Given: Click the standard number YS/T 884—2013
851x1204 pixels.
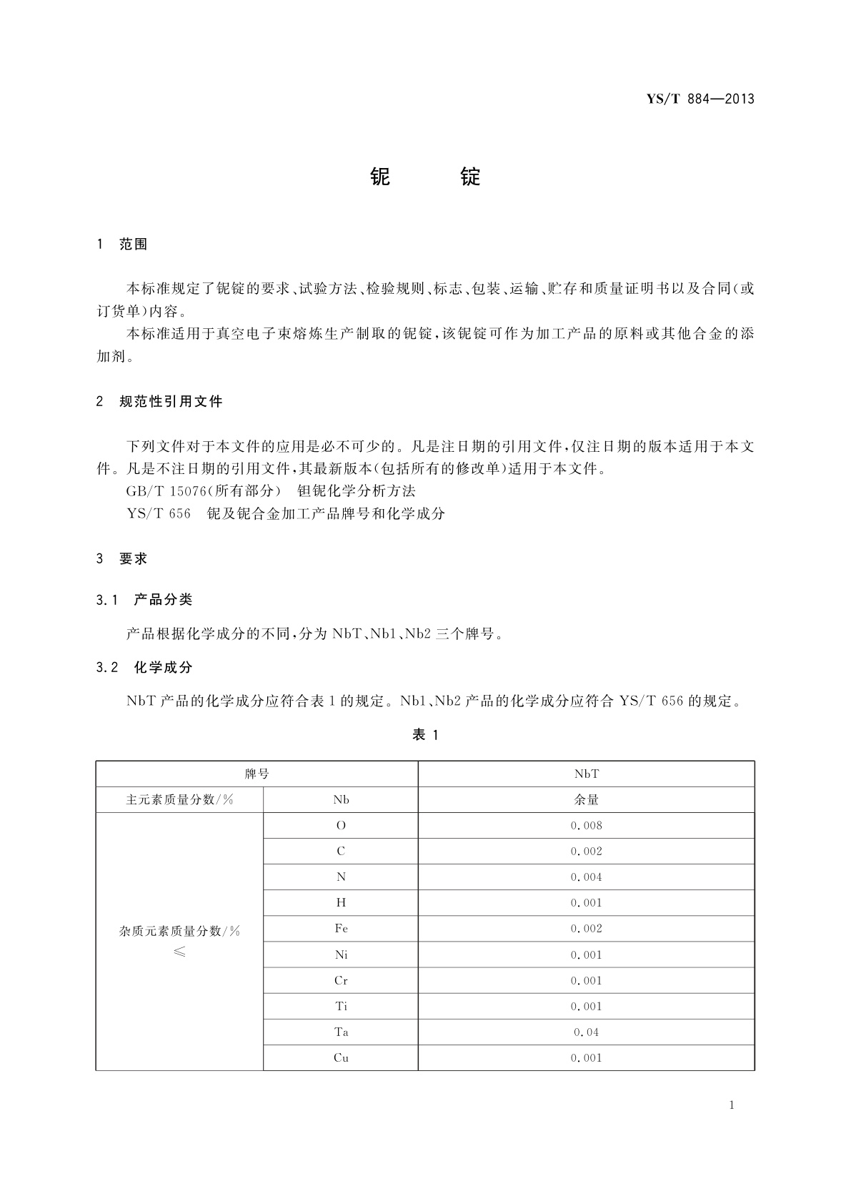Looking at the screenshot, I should [x=700, y=99].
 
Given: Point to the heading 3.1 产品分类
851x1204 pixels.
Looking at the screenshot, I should [x=144, y=600].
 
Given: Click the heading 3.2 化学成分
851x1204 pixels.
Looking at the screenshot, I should [x=144, y=667].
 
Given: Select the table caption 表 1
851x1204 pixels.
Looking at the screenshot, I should [x=425, y=735].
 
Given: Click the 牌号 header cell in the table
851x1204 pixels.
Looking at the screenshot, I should [x=257, y=774].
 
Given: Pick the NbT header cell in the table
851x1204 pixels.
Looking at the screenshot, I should [x=586, y=774].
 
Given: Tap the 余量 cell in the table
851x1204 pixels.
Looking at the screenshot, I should [x=586, y=800].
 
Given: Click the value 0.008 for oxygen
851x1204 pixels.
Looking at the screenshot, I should [x=586, y=826].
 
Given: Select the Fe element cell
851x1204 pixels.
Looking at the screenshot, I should [x=341, y=929].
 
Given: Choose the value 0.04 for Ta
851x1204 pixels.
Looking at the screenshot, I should [x=586, y=1032].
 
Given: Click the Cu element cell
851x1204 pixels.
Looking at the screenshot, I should [x=341, y=1058].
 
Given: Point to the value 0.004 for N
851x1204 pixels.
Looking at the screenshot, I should [x=586, y=877].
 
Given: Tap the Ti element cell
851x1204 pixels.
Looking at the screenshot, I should [x=341, y=1007].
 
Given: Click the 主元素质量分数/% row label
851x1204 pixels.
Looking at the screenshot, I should [x=179, y=800].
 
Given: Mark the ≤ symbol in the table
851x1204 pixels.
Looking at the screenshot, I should [x=179, y=952].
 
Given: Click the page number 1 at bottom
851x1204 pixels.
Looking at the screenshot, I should [x=732, y=1105].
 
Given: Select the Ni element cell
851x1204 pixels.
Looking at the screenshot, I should [x=341, y=955].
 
